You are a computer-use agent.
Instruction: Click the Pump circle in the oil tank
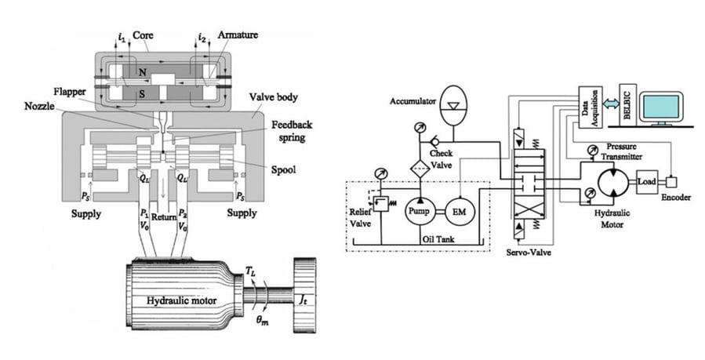pyautogui.click(x=419, y=211)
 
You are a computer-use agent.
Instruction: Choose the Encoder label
pyautogui.click(x=675, y=198)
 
